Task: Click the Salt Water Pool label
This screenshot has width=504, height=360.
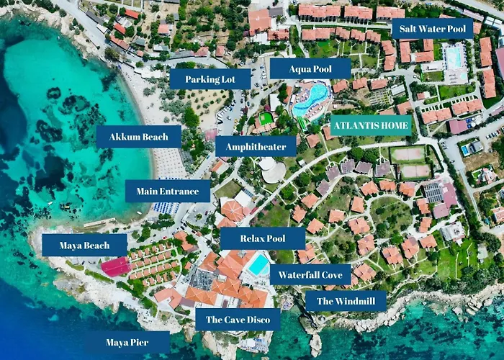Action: point(432,29)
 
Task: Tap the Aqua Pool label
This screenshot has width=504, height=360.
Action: point(310,68)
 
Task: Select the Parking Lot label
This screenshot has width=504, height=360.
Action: point(210,78)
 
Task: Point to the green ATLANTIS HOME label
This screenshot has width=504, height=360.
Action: point(371,125)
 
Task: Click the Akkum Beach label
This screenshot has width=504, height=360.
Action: point(138,137)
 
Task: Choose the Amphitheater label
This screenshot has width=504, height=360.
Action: point(255,147)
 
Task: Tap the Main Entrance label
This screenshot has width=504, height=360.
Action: point(168,191)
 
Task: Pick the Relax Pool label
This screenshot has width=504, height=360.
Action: point(263,238)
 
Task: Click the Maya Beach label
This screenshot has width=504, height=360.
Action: point(84,246)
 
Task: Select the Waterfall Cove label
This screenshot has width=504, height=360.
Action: point(310,274)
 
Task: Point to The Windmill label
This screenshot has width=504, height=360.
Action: point(346,301)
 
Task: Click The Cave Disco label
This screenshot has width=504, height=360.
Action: point(238,320)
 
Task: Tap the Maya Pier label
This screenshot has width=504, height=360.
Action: point(127,342)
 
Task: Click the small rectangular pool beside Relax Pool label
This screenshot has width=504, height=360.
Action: point(258,264)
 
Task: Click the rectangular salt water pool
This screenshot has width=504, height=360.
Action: point(454,57)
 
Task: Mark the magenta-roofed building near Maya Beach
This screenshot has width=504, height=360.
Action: point(115,267)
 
